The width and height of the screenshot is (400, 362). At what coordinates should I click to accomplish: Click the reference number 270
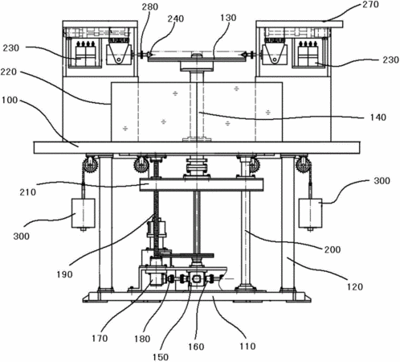coord(370,5)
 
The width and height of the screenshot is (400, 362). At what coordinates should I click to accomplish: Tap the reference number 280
coord(150,6)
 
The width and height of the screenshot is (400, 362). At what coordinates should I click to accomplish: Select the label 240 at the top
coord(176,19)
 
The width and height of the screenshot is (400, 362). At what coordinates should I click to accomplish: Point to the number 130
coord(228,18)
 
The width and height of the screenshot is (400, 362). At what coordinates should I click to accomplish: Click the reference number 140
coord(378,117)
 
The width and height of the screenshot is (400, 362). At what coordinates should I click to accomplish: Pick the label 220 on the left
coord(9,72)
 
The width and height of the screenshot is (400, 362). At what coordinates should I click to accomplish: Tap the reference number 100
coord(10,101)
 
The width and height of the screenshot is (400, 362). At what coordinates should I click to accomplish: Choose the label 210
coord(28,192)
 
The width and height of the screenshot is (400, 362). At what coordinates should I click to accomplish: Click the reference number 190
coord(64,274)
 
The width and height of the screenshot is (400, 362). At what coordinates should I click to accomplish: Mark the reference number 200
coord(333,249)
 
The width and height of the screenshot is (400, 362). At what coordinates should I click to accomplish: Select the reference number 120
coord(355,287)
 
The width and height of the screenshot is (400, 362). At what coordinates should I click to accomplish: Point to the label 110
coord(247,346)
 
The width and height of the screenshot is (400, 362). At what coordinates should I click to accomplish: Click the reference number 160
coord(196,347)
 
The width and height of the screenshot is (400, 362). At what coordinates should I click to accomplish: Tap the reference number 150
coord(161,357)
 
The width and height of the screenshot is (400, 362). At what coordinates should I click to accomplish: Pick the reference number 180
coord(142,339)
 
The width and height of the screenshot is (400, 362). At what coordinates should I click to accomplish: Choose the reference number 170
coord(100,339)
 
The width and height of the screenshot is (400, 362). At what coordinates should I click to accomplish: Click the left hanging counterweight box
coord(84,213)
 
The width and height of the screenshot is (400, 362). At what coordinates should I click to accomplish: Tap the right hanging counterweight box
coord(311,213)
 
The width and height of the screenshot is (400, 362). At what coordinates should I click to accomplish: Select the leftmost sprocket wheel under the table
coord(91,163)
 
